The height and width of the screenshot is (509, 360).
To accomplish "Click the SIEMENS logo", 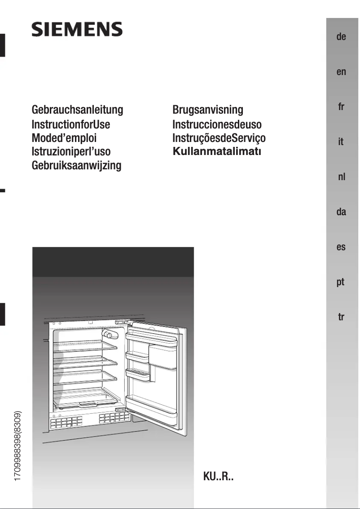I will pyautogui.click(x=77, y=30).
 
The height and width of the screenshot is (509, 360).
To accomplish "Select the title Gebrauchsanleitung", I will pyautogui.click(x=77, y=110).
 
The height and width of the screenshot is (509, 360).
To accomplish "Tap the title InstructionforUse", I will pyautogui.click(x=71, y=124).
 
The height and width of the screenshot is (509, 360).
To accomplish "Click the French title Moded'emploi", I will pyautogui.click(x=64, y=138).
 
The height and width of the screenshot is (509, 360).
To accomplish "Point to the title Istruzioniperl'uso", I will pyautogui.click(x=71, y=152).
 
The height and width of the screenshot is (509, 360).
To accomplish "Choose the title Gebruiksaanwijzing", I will pyautogui.click(x=77, y=165).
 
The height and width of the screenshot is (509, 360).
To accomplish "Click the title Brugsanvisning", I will pyautogui.click(x=208, y=110).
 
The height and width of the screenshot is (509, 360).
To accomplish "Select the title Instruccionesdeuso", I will pyautogui.click(x=217, y=124).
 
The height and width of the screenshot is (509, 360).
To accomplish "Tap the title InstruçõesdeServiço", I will pyautogui.click(x=219, y=138).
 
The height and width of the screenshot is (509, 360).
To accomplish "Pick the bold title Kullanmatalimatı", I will pyautogui.click(x=217, y=151).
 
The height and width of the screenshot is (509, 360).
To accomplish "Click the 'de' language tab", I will pyautogui.click(x=341, y=37).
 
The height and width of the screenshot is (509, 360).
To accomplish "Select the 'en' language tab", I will pyautogui.click(x=341, y=72).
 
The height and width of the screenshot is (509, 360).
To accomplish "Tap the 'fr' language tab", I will pyautogui.click(x=341, y=107).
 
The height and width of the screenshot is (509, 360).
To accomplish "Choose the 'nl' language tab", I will pyautogui.click(x=341, y=177).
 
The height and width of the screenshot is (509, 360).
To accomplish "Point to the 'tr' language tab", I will pyautogui.click(x=341, y=317).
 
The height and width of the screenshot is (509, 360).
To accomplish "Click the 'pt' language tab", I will pyautogui.click(x=341, y=283).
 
